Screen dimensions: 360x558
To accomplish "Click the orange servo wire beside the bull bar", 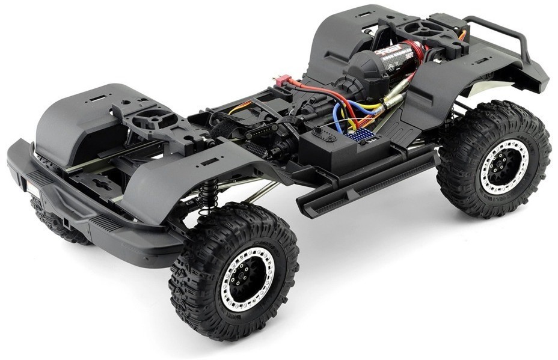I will click(x=462, y=35).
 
